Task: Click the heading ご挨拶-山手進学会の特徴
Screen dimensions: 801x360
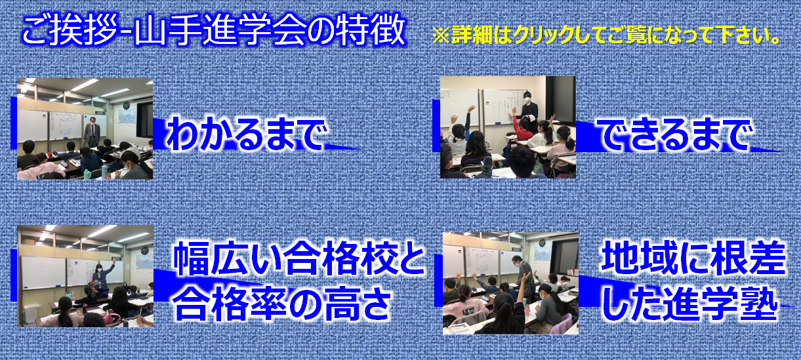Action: (x=214, y=31)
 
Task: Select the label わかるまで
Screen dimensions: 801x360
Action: (x=247, y=133)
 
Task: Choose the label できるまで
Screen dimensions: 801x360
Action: (x=676, y=135)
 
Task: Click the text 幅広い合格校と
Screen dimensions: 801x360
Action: (x=299, y=258)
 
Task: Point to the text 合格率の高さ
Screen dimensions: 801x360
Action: (x=283, y=303)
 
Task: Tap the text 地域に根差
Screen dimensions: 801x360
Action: (x=693, y=259)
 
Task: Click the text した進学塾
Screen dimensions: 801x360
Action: (x=691, y=304)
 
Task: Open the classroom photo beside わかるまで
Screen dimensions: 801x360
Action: (x=85, y=129)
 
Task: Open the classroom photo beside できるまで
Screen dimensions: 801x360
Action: (x=508, y=127)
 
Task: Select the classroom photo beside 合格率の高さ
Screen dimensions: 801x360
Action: (x=85, y=276)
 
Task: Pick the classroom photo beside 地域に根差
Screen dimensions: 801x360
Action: (x=510, y=283)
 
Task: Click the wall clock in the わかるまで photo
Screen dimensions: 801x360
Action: (x=126, y=106)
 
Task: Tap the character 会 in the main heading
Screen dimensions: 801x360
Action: (x=287, y=31)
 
